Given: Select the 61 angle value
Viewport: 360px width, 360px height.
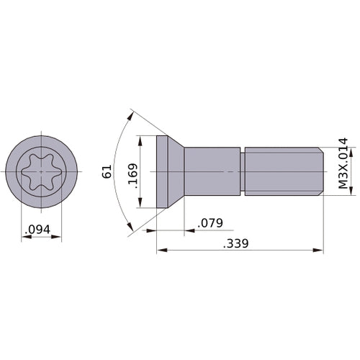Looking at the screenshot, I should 107,171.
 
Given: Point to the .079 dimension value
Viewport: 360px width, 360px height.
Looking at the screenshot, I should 210,222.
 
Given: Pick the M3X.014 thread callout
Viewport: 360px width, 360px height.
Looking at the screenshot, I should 343,163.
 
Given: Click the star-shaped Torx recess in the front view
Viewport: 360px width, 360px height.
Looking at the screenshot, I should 41,171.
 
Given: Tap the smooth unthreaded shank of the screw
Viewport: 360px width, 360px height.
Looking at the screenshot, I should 212,171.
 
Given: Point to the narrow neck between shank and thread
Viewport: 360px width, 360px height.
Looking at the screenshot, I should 243,171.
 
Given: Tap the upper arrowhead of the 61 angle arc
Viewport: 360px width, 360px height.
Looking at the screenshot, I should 132,113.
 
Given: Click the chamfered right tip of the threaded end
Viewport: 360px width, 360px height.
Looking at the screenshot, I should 320,171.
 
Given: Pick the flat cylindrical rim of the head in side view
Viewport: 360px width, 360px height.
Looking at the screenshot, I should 162,171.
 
